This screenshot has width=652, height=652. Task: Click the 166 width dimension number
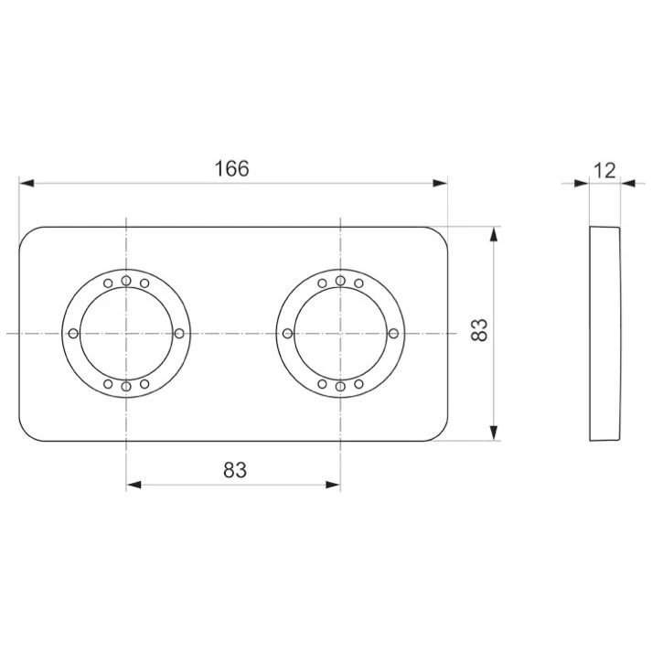[231, 168]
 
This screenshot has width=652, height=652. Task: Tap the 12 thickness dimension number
[604, 170]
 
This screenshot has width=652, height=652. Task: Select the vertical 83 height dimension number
[479, 330]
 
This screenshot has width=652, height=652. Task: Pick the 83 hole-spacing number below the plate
[235, 470]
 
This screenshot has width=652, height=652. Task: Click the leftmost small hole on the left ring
[73, 333]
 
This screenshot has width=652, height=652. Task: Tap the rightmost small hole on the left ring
[179, 333]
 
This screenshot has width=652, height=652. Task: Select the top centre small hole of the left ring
[126, 281]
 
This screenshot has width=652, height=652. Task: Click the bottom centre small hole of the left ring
[126, 387]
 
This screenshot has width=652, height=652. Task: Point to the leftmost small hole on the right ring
[287, 333]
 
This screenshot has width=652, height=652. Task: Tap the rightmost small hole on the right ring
[393, 333]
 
